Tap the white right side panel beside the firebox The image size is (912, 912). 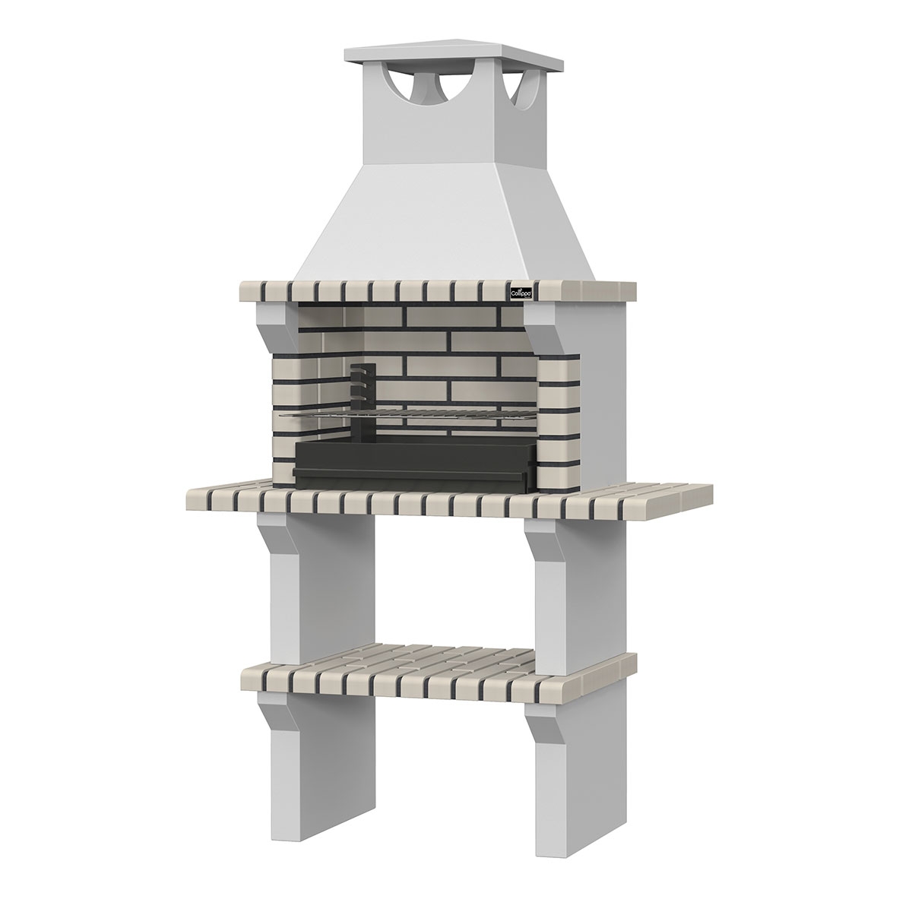(604, 388)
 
